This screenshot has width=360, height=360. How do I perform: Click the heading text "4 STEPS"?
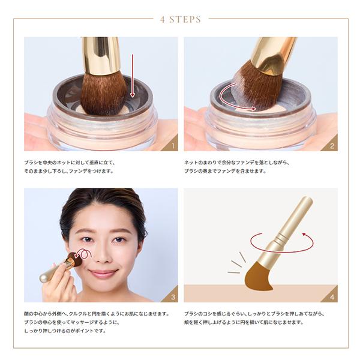point(181,19)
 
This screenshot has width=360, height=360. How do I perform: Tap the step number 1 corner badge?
point(172,145)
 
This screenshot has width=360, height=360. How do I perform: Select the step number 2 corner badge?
point(332,145)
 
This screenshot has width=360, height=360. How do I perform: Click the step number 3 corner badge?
point(172,296)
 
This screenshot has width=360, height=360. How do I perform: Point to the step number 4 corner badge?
point(332,296)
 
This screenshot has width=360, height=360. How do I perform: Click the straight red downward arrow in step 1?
point(133,76)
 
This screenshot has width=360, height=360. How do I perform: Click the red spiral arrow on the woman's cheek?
point(85,253)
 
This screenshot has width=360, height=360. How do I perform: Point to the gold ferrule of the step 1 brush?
point(101,56)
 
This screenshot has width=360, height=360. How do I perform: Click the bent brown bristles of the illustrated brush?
point(257,277)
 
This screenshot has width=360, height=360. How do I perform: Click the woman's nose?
point(103,256)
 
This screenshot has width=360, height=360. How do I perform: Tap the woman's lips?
point(103,274)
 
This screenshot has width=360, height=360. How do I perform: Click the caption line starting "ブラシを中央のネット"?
point(70,163)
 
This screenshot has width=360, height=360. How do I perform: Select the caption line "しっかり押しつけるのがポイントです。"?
point(65,331)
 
